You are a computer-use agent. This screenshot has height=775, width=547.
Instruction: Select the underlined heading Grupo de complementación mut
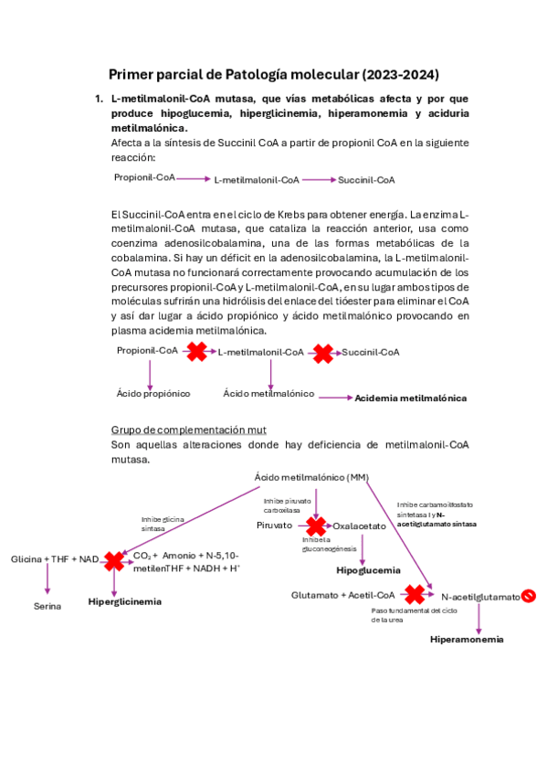(188, 430)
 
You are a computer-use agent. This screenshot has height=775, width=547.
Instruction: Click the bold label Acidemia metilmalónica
(410, 398)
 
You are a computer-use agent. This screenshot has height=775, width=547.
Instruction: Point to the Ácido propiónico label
(153, 393)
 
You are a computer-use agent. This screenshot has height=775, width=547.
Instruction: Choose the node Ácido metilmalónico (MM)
(311, 477)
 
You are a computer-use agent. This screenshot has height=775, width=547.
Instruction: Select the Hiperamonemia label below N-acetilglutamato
(467, 639)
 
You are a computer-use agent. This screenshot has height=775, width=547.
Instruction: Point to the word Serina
(47, 606)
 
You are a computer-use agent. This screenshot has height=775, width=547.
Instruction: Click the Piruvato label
(274, 526)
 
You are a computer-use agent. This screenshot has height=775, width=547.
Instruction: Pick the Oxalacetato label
(359, 526)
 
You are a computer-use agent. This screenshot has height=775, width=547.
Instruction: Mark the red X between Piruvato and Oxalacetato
(316, 526)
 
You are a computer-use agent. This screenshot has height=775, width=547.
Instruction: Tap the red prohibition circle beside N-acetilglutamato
(529, 596)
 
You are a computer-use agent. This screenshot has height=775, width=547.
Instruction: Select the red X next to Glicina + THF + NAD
(114, 559)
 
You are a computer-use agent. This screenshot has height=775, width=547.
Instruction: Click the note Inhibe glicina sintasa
(162, 524)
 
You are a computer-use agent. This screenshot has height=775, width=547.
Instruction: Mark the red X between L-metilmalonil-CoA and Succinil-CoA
(323, 352)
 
